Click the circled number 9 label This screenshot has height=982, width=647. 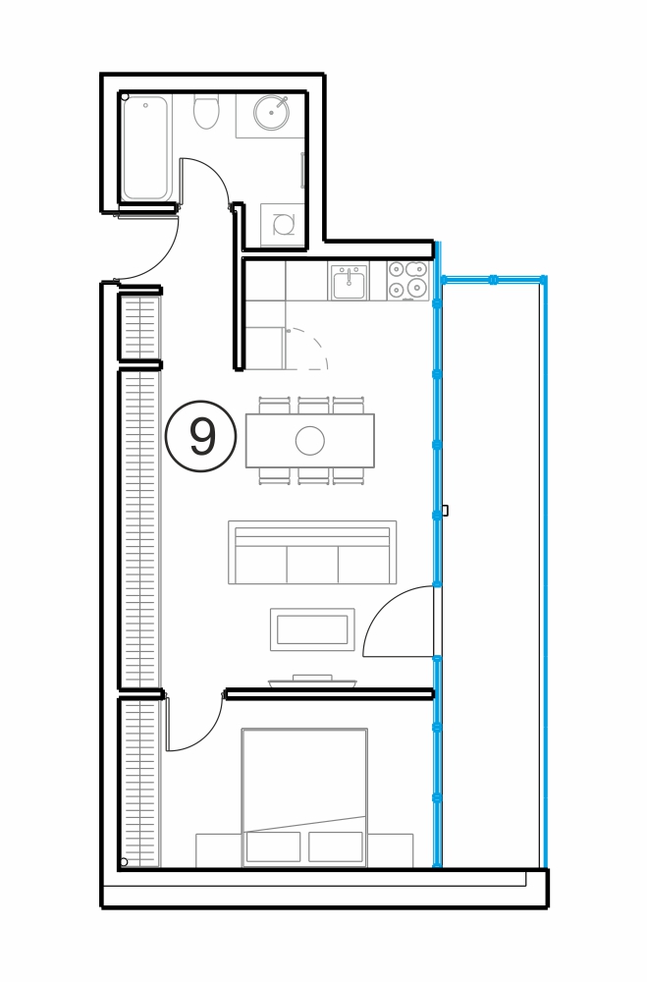[x=200, y=437]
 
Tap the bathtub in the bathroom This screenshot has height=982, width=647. [x=145, y=148]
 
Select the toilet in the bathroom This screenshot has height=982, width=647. [x=206, y=112]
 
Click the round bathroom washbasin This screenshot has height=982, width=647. [x=271, y=113]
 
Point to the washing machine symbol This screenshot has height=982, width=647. [x=283, y=224]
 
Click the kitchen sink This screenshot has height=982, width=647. [x=349, y=282]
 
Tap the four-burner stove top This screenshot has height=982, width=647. [x=407, y=280]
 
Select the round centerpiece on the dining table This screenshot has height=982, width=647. [x=310, y=440]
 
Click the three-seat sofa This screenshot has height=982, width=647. [x=312, y=552]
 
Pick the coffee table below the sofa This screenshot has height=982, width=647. [x=312, y=629]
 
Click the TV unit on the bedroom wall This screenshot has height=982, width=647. [x=312, y=682]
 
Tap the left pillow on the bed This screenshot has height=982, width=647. [x=273, y=846]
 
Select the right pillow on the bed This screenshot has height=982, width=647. [x=336, y=846]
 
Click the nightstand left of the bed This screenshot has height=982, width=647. [x=219, y=850]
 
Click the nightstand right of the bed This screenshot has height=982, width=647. [x=390, y=850]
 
